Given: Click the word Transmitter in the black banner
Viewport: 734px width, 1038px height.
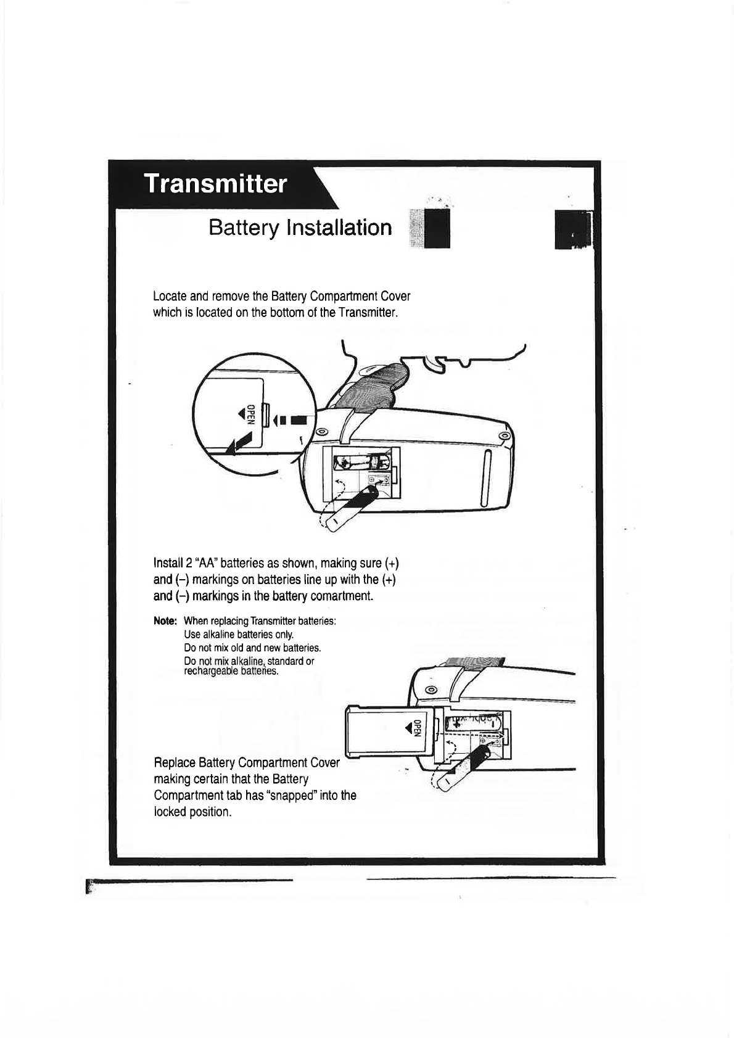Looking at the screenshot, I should (x=215, y=184).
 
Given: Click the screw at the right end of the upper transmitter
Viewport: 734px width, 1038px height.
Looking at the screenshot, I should (x=504, y=437).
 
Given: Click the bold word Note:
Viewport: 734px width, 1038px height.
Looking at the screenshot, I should (x=165, y=620).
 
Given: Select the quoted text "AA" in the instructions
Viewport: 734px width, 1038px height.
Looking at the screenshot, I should (x=206, y=563).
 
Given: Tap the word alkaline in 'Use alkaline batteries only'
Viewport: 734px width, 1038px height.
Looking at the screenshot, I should (x=220, y=635).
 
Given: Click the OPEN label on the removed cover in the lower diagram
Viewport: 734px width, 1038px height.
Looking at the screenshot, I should (x=418, y=728).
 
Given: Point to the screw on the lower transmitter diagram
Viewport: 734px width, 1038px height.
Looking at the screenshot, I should (x=432, y=689).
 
